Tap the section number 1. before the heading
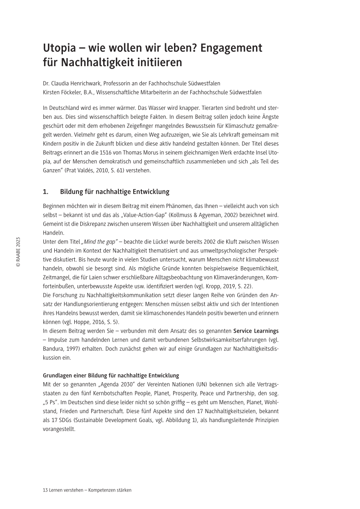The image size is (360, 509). (x=46, y=192)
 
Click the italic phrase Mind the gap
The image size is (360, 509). (x=99, y=241)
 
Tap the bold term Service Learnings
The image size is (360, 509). (x=256, y=330)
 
